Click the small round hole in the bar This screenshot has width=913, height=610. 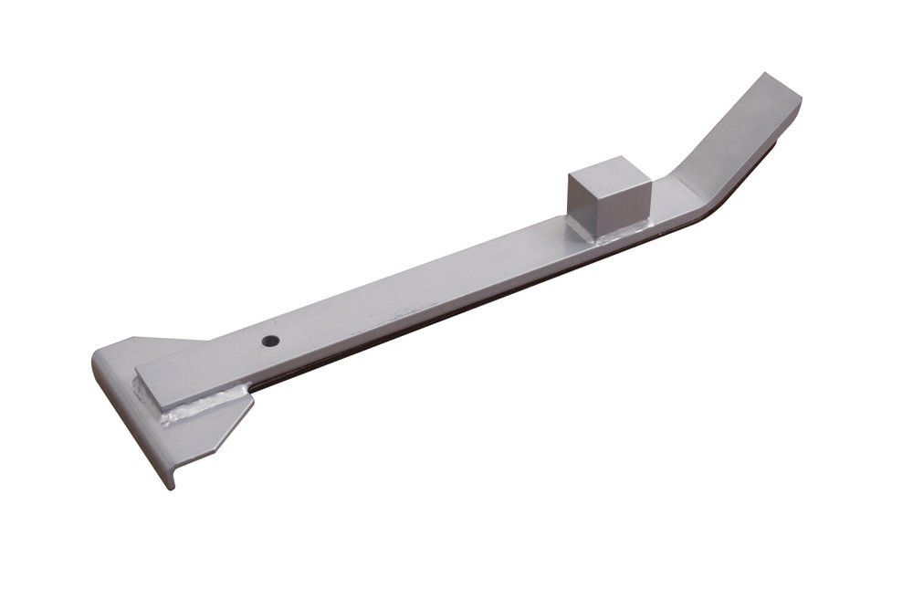tap(270, 341)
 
